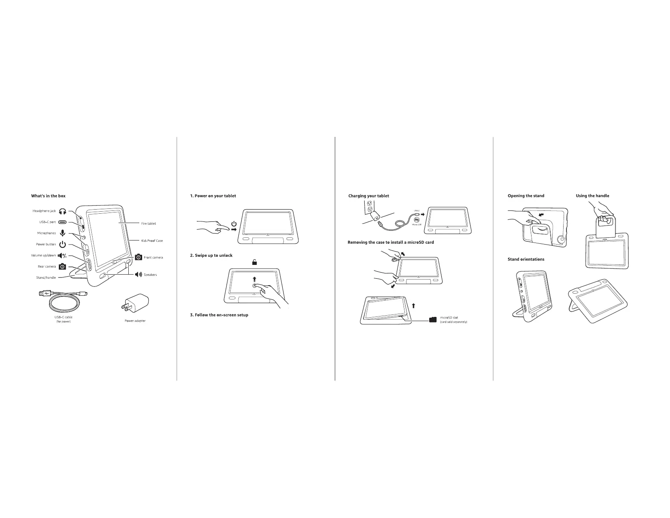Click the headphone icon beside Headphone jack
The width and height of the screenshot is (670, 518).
click(62, 211)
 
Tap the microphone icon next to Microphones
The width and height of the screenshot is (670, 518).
click(62, 233)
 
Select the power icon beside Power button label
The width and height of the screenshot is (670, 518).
click(62, 245)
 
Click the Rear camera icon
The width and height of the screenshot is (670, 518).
click(62, 267)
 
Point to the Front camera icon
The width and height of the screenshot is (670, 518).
click(138, 257)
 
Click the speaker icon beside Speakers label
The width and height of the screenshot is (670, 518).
click(138, 275)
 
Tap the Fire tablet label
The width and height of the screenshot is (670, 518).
click(148, 223)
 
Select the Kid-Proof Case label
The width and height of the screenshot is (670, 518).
click(152, 241)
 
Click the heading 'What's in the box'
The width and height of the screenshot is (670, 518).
click(48, 196)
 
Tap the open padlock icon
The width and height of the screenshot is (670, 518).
click(255, 262)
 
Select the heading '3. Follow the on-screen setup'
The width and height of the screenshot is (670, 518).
click(219, 315)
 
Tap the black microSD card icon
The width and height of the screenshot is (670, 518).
click(432, 319)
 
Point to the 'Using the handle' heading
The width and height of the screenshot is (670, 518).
click(592, 196)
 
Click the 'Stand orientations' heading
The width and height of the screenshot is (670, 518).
click(526, 259)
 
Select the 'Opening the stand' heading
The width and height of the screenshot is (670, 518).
click(526, 196)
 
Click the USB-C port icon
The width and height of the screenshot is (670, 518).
click(62, 222)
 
